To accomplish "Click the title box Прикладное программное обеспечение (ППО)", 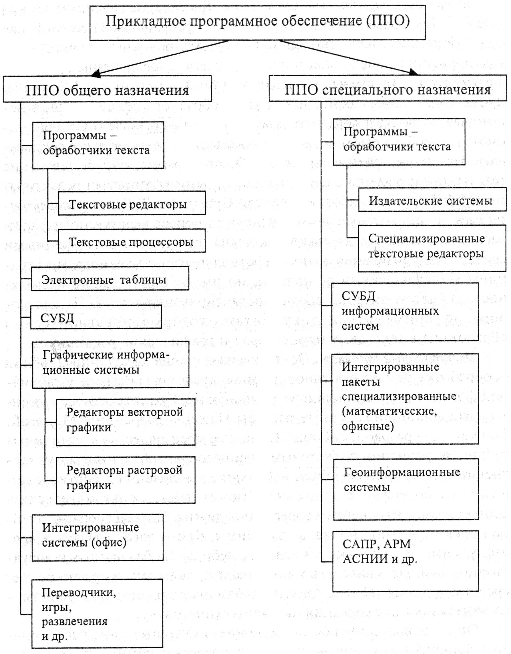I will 257,23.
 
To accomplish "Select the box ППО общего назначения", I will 107,89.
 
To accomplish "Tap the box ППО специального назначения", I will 387,89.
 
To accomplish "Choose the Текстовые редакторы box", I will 132,203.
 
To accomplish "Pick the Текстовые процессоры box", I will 132,241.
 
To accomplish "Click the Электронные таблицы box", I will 110,279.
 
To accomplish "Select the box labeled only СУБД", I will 96,317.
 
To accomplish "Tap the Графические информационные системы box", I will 110,365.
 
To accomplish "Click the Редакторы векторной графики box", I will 126,422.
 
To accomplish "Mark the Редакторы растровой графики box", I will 126,480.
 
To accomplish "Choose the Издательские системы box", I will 432,200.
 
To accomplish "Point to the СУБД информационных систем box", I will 404,312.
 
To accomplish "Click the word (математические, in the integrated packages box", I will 389,411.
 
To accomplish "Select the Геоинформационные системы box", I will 406,489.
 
